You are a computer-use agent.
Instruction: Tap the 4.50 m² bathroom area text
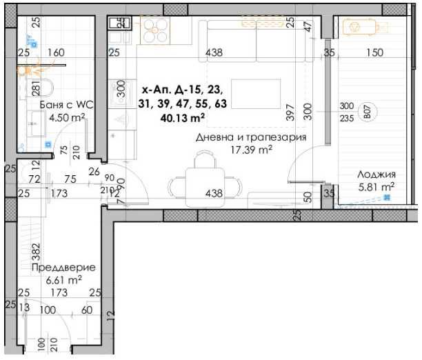[x=66, y=117]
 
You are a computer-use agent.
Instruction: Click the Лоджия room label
[x=375, y=174]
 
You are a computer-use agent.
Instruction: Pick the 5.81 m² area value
[x=375, y=186]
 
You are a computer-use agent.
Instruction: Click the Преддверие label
[x=63, y=267]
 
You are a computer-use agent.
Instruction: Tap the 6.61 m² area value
[x=63, y=279]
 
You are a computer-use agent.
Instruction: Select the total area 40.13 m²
[x=183, y=117]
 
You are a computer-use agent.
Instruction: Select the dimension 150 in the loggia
[x=374, y=52]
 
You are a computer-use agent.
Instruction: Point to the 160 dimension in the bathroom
[x=57, y=52]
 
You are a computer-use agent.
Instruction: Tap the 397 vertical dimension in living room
[x=290, y=111]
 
